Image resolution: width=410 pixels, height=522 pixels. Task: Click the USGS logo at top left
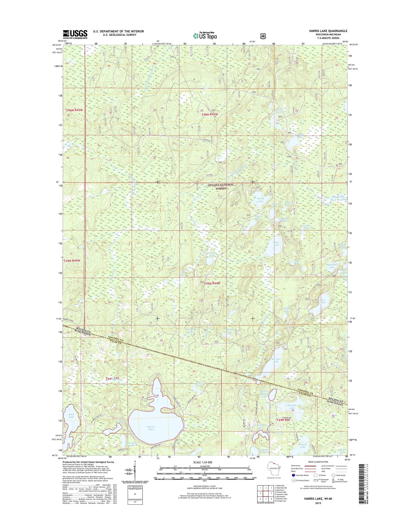pyautogui.click(x=75, y=34)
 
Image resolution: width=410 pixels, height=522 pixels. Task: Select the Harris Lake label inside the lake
pyautogui.click(x=151, y=428)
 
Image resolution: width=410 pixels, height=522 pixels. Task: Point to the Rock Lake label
pyautogui.click(x=71, y=415)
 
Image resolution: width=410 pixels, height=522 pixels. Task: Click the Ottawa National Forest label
pyautogui.click(x=221, y=186)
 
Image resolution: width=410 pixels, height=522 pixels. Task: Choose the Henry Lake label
pyautogui.click(x=260, y=200)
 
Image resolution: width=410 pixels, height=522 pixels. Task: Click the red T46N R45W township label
pyautogui.click(x=75, y=110)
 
